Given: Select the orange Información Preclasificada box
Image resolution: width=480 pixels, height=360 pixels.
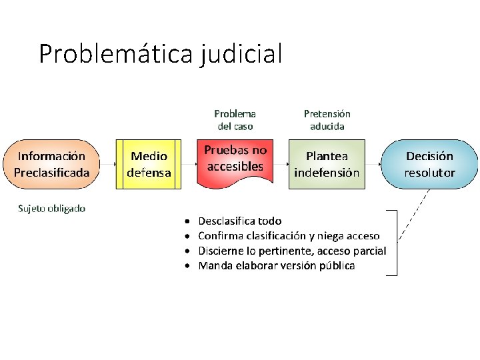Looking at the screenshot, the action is (51, 164).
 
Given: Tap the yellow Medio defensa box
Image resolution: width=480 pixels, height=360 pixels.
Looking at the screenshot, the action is (149, 164).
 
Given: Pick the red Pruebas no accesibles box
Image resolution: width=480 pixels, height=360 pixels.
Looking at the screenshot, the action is (235, 160).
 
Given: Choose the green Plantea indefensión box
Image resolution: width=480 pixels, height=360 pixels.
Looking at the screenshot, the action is (327, 164).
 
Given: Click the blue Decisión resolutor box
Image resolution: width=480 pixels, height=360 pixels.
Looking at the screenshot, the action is (430, 164).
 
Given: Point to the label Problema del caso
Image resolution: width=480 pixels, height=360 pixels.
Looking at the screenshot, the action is (235, 119).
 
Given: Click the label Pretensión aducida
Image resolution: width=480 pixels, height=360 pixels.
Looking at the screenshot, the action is (327, 119).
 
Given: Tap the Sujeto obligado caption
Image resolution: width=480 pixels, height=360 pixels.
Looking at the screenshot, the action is (51, 208).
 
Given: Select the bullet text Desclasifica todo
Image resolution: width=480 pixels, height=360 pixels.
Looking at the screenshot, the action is (240, 221).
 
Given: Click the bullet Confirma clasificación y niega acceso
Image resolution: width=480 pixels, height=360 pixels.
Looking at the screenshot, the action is (289, 235).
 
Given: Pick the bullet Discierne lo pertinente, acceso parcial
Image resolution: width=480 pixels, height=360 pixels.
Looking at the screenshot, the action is (292, 251).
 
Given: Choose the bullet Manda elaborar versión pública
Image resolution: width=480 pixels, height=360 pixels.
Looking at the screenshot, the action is (277, 265).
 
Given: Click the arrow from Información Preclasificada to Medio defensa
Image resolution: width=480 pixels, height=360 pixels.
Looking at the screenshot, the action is (108, 164).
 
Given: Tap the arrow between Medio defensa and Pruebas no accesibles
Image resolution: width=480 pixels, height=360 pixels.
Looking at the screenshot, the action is (189, 164).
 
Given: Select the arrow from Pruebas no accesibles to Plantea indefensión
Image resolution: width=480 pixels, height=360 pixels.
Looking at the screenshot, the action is (280, 164).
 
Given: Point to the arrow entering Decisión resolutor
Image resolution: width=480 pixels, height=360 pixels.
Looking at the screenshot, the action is (373, 164).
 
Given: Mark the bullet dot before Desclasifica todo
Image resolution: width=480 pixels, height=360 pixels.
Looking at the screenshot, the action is (188, 221).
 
